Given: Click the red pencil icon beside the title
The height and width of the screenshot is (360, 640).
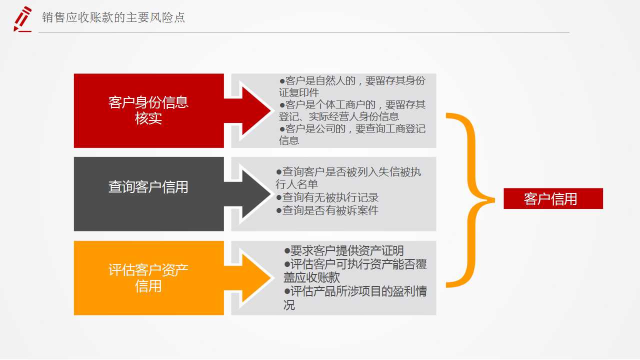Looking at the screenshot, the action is pyautogui.click(x=22, y=19).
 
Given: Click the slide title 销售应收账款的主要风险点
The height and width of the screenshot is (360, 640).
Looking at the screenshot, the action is pyautogui.click(x=113, y=17).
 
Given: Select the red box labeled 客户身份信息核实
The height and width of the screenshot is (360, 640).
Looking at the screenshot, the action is pyautogui.click(x=148, y=110).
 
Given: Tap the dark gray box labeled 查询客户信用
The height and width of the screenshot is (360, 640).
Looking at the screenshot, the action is pyautogui.click(x=148, y=193).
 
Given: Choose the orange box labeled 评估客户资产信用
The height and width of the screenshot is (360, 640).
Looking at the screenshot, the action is pyautogui.click(x=148, y=278).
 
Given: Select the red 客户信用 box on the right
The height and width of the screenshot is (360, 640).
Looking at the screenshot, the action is pyautogui.click(x=553, y=198).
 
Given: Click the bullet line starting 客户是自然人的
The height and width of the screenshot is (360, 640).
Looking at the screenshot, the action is pyautogui.click(x=352, y=86).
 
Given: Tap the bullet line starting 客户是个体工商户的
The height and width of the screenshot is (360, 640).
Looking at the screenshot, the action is pyautogui.click(x=352, y=110).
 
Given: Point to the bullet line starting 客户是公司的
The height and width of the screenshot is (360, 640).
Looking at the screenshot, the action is pyautogui.click(x=352, y=134).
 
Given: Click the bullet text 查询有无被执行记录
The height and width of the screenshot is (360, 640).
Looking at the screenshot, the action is pyautogui.click(x=327, y=197).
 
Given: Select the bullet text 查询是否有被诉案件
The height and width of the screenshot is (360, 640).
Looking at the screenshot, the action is pyautogui.click(x=327, y=210).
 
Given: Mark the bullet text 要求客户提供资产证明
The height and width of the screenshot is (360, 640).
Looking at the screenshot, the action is pyautogui.click(x=343, y=251).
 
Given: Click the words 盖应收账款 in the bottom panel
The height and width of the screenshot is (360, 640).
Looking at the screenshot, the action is pyautogui.click(x=311, y=277).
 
